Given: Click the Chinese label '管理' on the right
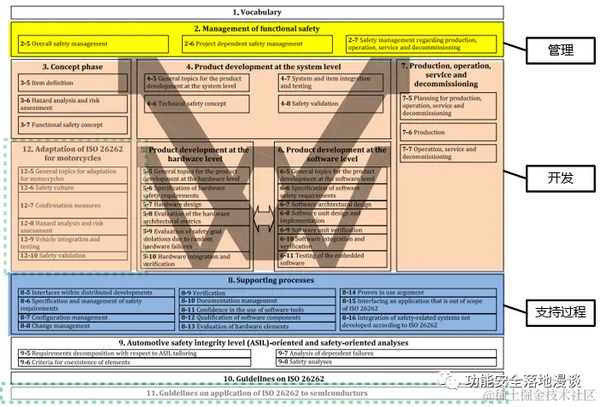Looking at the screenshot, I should pyautogui.click(x=560, y=50).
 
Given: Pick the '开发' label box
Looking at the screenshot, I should pyautogui.click(x=560, y=178).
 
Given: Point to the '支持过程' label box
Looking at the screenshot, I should pyautogui.click(x=560, y=311).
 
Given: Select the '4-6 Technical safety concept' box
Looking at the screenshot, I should pyautogui.click(x=196, y=103).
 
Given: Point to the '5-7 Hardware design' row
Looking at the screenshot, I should pyautogui.click(x=196, y=205).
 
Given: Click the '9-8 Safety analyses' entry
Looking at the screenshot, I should pyautogui.click(x=307, y=362).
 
